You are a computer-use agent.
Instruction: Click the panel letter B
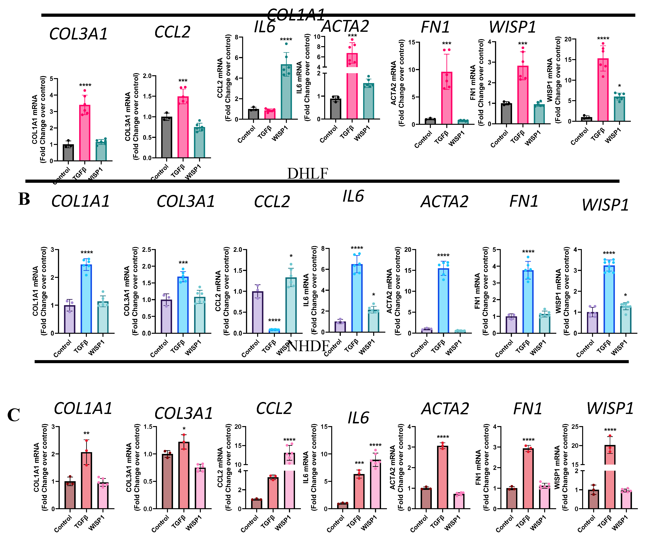[24, 199]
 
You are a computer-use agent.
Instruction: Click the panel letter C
[14, 415]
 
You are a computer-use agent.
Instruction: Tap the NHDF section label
[308, 346]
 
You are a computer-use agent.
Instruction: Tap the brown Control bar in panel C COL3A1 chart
[167, 481]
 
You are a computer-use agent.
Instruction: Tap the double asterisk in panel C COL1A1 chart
[87, 433]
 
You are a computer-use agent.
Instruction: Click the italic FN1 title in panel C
[527, 409]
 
